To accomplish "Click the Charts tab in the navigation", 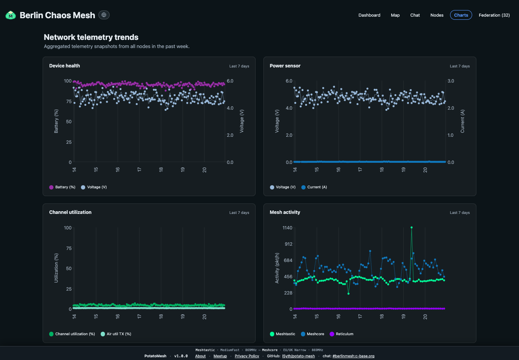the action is coord(461,15).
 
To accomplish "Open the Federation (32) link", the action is coord(494,15).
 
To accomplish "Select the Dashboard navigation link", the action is coord(369,15).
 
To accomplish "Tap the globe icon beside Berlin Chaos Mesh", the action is coord(104,15).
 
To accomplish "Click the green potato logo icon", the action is coord(11,15).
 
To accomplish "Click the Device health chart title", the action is coord(64,66).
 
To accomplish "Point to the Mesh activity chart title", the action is coord(285,212).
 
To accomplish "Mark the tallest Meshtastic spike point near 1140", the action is coord(411,227).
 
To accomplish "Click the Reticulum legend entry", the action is coord(342,334).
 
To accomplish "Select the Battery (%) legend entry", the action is coord(62,187).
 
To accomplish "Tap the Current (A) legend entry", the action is coord(314,187).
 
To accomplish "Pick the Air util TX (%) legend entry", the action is coord(116,334).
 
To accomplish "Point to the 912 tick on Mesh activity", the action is coord(289,244).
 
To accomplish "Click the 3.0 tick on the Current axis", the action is coord(451,81).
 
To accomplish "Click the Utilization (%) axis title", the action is coord(56,268).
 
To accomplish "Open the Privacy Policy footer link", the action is coord(247,356).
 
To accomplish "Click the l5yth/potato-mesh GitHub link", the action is coord(298,356).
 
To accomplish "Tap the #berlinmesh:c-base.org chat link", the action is coord(353,356).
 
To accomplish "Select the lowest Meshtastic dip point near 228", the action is coord(349,294).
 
